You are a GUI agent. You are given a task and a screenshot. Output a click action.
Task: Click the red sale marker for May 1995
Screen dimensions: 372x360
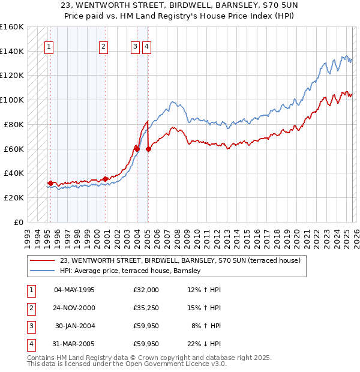pyautogui.click(x=50, y=183)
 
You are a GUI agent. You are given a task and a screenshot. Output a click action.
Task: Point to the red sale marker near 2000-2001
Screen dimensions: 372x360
pyautogui.click(x=106, y=179)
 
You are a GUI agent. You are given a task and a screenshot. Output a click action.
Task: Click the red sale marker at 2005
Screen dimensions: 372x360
pyautogui.click(x=148, y=149)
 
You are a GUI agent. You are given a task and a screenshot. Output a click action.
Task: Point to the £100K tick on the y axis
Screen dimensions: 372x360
pyautogui.click(x=11, y=100)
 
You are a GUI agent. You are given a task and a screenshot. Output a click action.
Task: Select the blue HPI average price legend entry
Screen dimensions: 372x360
pyautogui.click(x=130, y=271)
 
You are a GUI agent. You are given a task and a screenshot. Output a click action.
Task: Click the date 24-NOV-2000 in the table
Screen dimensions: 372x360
pyautogui.click(x=74, y=308)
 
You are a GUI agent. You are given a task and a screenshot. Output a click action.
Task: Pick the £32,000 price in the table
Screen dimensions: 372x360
pyautogui.click(x=146, y=290)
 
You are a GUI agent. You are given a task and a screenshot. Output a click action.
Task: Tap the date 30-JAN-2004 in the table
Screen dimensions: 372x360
pyautogui.click(x=74, y=326)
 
